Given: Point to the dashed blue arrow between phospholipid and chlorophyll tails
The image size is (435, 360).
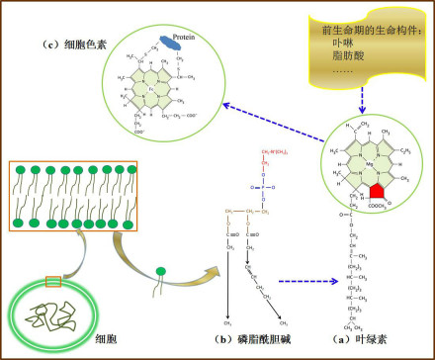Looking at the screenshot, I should coord(296,280).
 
